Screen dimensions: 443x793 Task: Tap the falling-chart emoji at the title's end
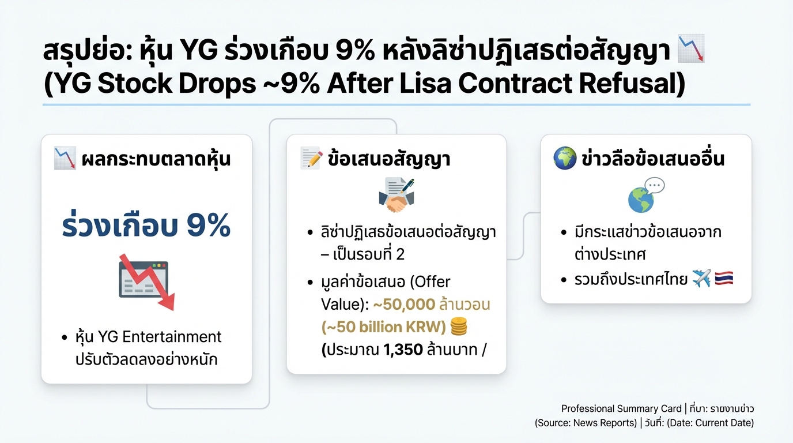[x=691, y=50]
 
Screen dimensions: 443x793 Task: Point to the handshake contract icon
[x=396, y=195]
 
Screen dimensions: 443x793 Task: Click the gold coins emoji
[x=458, y=327]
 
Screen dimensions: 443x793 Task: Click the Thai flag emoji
[x=724, y=280]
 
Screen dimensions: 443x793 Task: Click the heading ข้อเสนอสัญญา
[x=388, y=159]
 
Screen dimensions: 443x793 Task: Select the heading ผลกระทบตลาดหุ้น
[x=156, y=159]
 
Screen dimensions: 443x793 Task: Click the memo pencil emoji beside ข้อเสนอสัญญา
[x=311, y=159]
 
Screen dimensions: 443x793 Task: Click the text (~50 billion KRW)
[x=384, y=327]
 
